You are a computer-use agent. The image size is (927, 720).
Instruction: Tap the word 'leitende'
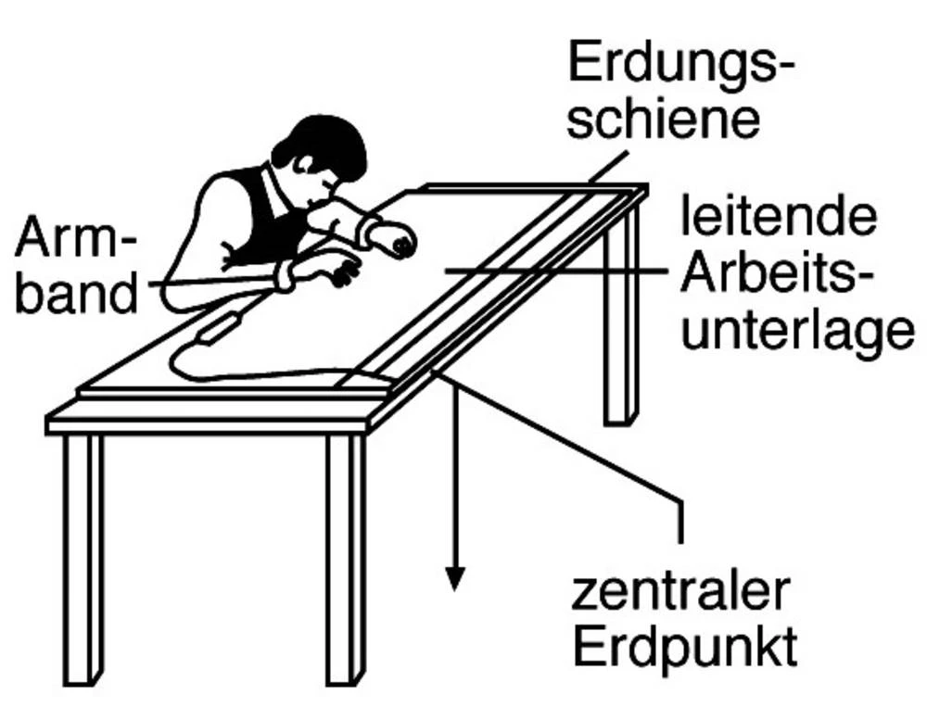(779, 217)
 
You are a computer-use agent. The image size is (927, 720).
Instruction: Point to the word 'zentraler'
(679, 591)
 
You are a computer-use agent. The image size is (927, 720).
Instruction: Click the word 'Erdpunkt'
(685, 648)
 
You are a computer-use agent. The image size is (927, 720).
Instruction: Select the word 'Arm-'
(75, 236)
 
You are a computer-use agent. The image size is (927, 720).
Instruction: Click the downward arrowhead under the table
(454, 579)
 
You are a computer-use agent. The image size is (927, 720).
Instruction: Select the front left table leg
(83, 560)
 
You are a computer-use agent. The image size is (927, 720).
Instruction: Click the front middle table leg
(346, 560)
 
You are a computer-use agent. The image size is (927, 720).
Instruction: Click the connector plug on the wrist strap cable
(219, 328)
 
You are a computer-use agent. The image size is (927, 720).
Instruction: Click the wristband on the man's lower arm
(285, 275)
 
